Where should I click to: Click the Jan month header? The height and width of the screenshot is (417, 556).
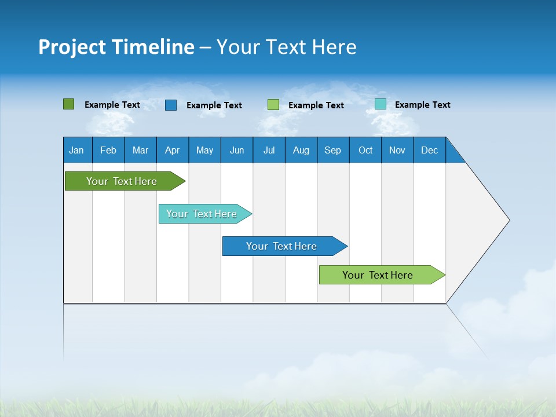pos(76,150)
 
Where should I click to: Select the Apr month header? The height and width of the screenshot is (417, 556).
pos(173,150)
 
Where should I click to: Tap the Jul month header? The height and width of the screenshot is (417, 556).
pos(269,150)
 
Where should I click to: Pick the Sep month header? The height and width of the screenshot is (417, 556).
pos(333,150)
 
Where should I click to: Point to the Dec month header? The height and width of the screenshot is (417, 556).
pos(430,150)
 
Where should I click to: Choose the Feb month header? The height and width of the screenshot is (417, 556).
pos(108,150)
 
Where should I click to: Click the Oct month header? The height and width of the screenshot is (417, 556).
pos(365,150)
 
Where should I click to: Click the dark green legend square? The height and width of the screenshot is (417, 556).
pos(69,104)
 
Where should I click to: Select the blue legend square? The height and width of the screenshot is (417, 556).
pos(171,105)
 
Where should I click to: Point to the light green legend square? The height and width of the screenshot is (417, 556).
pos(273,105)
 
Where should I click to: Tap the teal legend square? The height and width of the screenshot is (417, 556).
pos(381,104)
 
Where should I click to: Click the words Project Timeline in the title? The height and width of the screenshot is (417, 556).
pos(116,47)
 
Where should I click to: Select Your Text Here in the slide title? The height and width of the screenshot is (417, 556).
pos(287,47)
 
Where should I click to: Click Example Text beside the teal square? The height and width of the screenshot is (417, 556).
pos(422,105)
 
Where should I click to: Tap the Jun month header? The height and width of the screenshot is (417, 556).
pos(237,150)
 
